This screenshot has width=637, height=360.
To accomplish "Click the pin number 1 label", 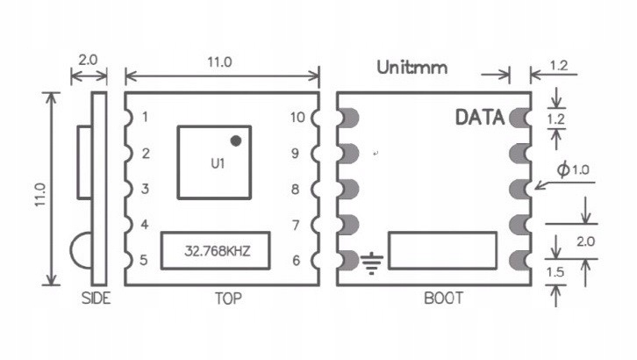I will pos(145,117).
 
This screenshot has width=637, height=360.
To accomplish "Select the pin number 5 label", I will pos(145,261).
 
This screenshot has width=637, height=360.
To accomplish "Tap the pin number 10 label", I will pos(297,117).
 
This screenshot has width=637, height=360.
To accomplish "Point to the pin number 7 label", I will pos(297,226).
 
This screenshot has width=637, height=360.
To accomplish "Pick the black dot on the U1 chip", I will pos(235,140).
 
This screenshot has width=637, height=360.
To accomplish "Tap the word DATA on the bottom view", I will pos(479,118).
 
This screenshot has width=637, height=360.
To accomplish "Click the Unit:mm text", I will pos(412,67).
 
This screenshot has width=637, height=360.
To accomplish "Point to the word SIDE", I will pos(96,299).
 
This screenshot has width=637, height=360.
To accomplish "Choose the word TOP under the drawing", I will pos(228,299).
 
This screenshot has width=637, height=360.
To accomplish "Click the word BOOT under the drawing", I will pos(443,299).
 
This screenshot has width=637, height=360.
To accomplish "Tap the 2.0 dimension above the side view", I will pos(89,61).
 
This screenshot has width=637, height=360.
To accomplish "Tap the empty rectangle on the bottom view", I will pos(444,251).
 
